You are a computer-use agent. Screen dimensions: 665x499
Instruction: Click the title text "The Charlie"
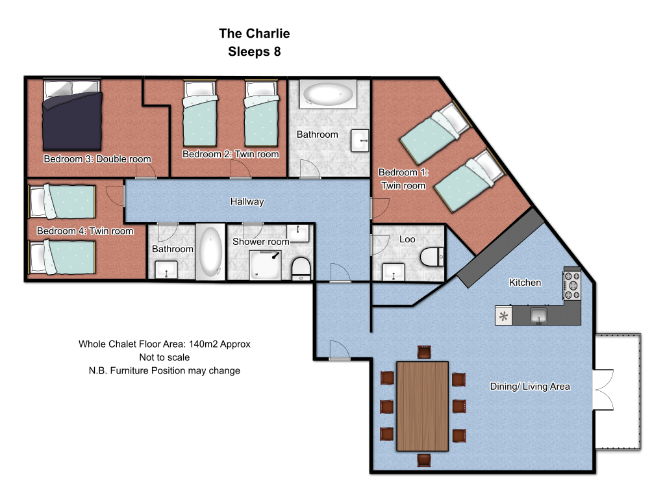coord(255,33)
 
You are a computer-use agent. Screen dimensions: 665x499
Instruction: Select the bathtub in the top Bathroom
coord(329,94)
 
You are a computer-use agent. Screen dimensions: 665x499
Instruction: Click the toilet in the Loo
coord(432,257)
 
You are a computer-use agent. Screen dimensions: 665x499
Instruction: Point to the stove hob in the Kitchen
coord(572,285)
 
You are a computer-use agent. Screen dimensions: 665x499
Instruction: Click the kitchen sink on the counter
coord(538,316)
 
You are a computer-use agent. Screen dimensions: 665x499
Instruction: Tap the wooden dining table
coord(422,406)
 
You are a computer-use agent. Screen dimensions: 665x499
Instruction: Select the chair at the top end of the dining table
coord(424,352)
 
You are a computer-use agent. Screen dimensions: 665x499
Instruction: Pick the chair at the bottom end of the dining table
coord(424,460)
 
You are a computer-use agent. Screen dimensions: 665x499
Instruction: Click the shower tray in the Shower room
coord(266,265)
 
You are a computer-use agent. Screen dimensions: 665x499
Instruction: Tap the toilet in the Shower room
coord(301,269)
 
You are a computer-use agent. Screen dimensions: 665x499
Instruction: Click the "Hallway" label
coord(247,201)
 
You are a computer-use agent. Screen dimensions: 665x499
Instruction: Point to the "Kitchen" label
coord(525,283)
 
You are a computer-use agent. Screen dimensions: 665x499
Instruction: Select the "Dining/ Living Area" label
coord(530,387)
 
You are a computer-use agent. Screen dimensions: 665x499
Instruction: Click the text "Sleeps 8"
coord(255,52)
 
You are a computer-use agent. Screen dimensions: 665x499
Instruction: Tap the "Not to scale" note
coord(164,357)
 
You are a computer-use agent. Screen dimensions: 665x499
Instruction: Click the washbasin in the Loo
coord(394,272)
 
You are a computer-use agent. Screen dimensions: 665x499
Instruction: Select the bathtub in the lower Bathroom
coord(210,252)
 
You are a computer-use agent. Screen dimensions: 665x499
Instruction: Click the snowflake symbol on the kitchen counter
coord(503,316)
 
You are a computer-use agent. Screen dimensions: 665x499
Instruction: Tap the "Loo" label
coord(407,239)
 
